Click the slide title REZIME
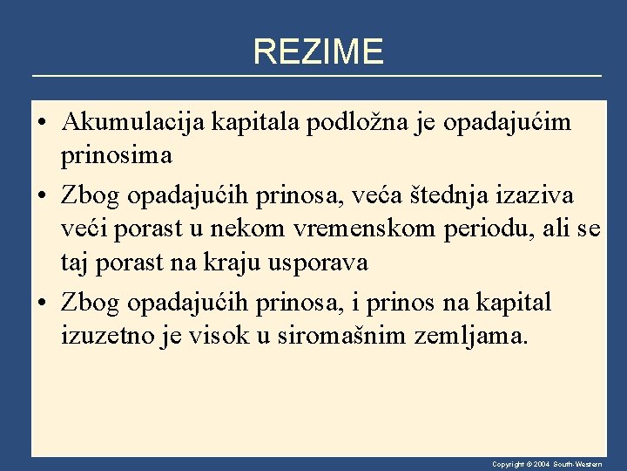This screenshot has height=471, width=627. pyautogui.click(x=318, y=52)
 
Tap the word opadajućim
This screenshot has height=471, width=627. pyautogui.click(x=508, y=122)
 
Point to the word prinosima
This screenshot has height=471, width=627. pyautogui.click(x=117, y=157)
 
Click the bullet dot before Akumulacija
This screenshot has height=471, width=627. pyautogui.click(x=42, y=123)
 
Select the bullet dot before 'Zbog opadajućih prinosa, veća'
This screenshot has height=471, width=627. pyautogui.click(x=42, y=193)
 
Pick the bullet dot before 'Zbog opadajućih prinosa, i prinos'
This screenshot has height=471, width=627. pyautogui.click(x=42, y=303)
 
